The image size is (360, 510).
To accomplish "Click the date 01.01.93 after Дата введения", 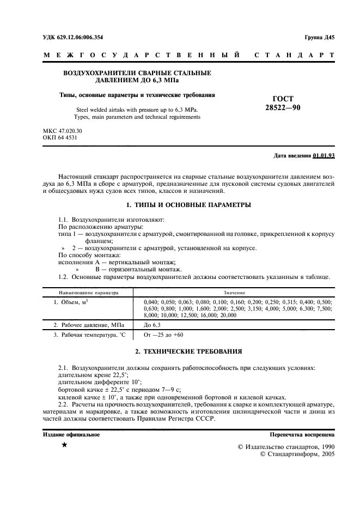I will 324,156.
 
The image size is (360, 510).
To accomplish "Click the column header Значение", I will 234,292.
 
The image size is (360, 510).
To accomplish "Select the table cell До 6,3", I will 153,324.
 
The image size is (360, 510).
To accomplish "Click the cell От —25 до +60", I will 163,335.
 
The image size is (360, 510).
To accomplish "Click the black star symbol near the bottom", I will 64,446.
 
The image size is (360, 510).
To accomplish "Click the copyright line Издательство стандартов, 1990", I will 286,446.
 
